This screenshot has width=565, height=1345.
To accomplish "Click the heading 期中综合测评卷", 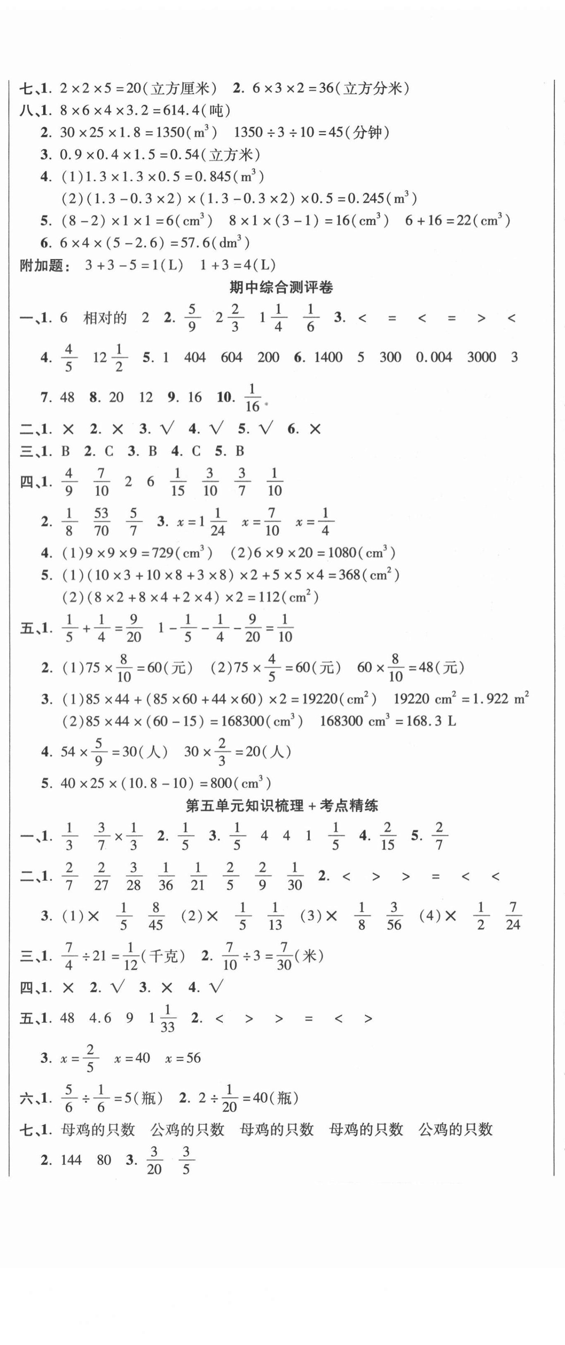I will pyautogui.click(x=281, y=288).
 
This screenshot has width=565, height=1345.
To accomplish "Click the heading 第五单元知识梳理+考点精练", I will pyautogui.click(x=281, y=806).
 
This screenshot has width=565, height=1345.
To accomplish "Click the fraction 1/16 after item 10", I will pyautogui.click(x=252, y=397).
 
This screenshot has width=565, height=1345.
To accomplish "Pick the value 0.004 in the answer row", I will pyautogui.click(x=434, y=357).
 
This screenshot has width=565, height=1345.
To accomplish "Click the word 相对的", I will pyautogui.click(x=105, y=318).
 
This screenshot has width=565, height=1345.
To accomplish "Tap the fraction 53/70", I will pyautogui.click(x=101, y=521).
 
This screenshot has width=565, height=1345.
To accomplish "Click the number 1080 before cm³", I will pyautogui.click(x=343, y=553).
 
